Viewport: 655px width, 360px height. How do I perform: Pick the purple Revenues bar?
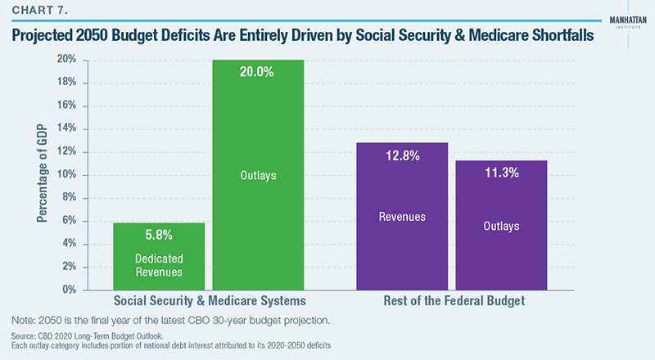[401, 216]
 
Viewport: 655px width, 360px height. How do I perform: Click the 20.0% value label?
[258, 72]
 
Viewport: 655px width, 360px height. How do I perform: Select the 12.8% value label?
[401, 155]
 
